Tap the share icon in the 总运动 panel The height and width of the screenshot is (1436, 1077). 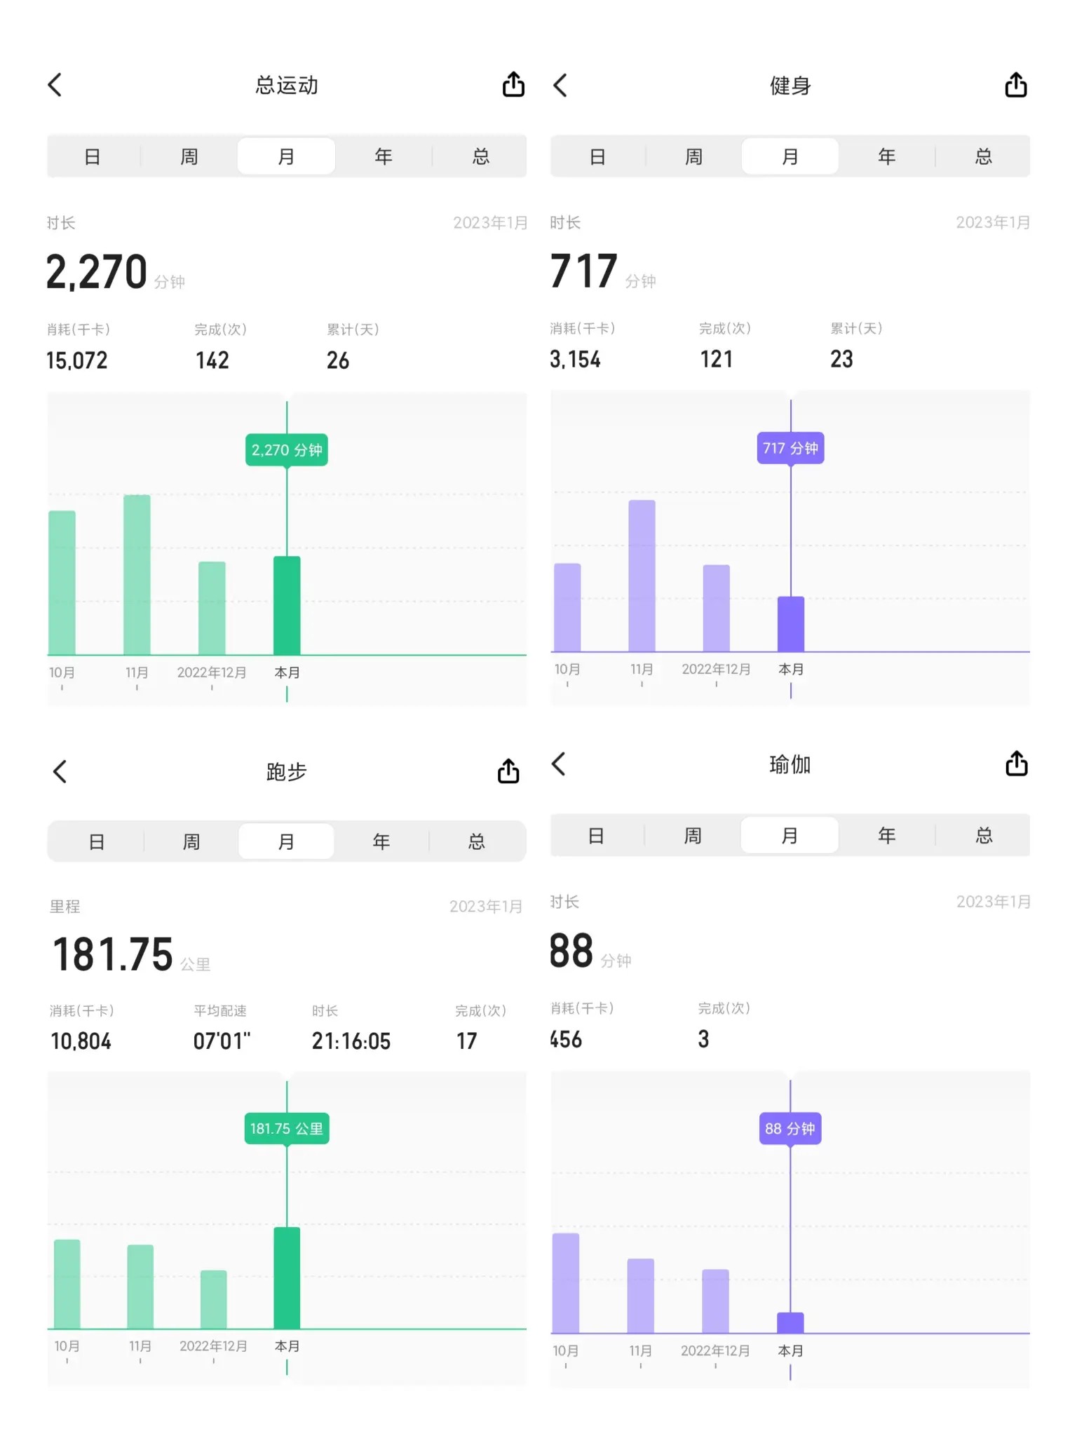pos(513,85)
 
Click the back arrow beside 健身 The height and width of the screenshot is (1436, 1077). pos(560,86)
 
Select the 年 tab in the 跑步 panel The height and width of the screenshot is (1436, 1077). pos(381,841)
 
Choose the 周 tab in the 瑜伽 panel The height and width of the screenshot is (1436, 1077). pos(693,835)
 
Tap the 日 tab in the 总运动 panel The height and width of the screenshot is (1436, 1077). pos(93,156)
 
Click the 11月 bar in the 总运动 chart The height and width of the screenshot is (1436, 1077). pos(137,575)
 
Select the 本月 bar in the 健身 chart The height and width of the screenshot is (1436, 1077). pos(791,624)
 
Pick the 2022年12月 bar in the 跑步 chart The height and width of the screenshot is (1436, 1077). pos(213,1299)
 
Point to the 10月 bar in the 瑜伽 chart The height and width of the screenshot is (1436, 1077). pos(566,1283)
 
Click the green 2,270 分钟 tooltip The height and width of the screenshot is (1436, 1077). pos(287,450)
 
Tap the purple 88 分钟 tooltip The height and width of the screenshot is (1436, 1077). pos(790,1128)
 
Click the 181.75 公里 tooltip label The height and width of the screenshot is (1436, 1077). pos(287,1128)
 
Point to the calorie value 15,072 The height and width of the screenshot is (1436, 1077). pos(77,360)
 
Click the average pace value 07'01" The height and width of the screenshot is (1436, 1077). pos(222,1041)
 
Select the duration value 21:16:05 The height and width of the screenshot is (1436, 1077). pos(351,1041)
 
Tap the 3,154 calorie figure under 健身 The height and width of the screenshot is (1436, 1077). pos(575,360)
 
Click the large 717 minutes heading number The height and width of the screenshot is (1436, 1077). pos(583,271)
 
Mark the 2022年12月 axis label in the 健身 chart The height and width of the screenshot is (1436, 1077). pos(716,670)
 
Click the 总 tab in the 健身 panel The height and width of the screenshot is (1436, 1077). pos(984,156)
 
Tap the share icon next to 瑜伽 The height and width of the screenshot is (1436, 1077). pos(1016,764)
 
